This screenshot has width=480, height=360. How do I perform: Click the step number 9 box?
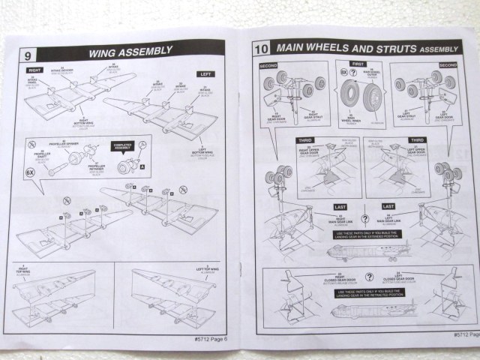(27, 55)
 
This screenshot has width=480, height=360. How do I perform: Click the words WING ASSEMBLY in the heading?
(130, 52)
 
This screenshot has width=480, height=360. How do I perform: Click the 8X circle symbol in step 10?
(343, 73)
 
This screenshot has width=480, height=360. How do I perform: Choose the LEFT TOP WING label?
(200, 268)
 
